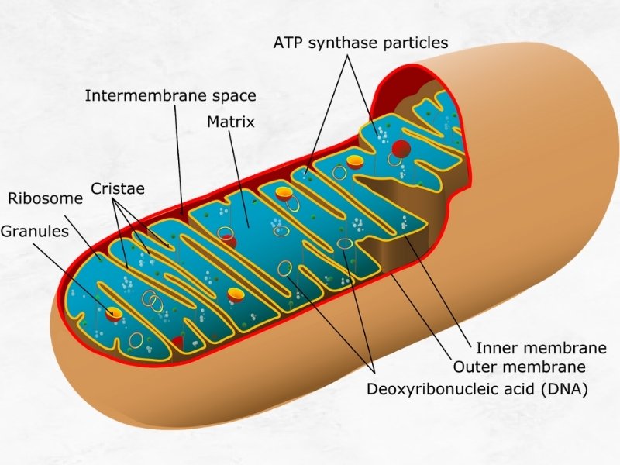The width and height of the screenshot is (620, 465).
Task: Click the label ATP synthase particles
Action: (360, 43)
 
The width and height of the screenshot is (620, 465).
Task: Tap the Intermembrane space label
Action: (170, 95)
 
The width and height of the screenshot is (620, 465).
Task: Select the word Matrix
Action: (231, 122)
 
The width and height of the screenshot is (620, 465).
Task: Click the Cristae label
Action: (118, 188)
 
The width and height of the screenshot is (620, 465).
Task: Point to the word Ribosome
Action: (46, 198)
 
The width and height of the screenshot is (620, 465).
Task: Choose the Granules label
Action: (35, 231)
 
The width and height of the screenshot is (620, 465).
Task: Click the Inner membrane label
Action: (541, 348)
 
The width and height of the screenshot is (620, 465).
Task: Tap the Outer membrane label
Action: (519, 367)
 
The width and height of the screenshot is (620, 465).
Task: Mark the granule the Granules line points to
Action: (114, 312)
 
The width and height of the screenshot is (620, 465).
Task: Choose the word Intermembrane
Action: (147, 95)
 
